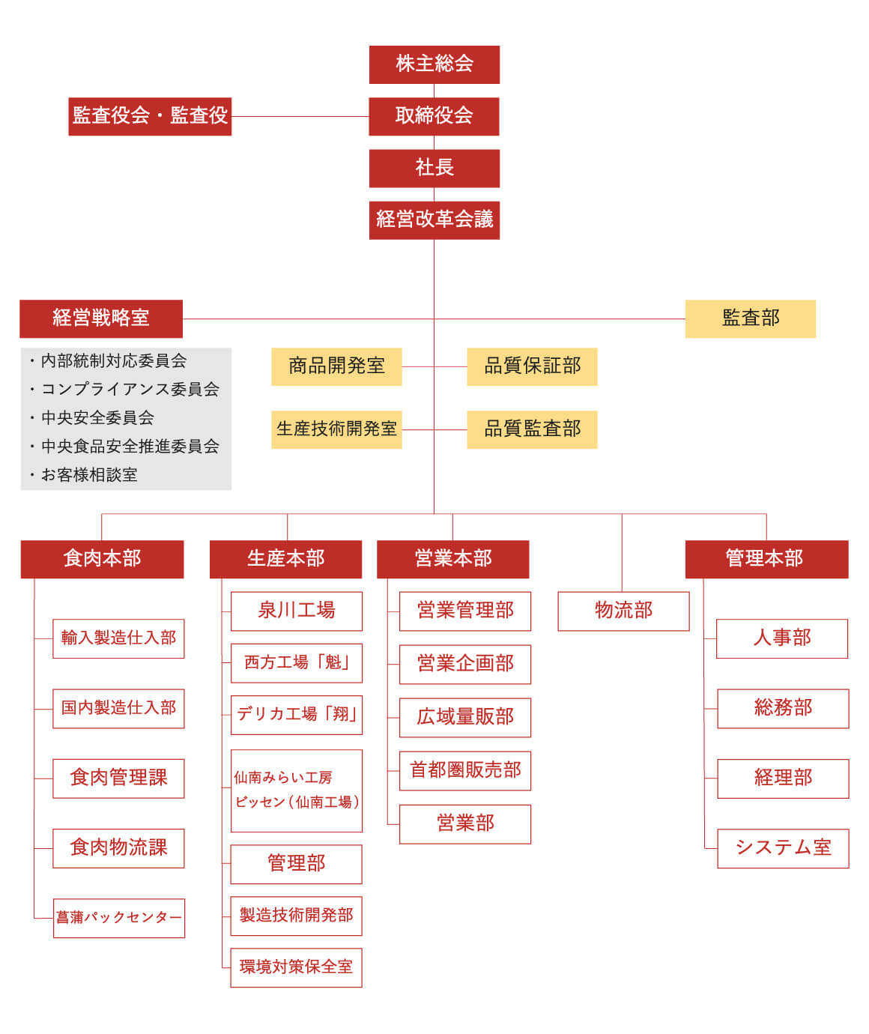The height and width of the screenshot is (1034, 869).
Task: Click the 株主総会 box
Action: click(434, 65)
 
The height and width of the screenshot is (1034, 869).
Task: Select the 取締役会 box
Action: click(434, 116)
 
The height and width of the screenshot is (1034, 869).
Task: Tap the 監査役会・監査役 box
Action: click(150, 116)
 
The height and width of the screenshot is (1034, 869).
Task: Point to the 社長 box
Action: click(434, 169)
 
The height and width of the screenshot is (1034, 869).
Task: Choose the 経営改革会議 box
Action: click(434, 220)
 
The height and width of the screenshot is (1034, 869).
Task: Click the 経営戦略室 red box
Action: click(101, 319)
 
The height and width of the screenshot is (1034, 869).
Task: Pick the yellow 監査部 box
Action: click(750, 319)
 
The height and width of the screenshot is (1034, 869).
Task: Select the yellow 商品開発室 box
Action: click(336, 367)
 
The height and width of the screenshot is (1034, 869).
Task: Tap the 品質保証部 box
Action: click(533, 367)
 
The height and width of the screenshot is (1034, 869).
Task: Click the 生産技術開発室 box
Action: click(336, 430)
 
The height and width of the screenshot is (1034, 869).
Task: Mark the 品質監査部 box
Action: click(533, 430)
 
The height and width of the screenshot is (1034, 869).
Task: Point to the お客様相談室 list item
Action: click(83, 475)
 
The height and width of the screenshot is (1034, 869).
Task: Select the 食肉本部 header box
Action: click(102, 560)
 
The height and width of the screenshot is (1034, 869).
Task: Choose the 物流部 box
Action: click(623, 611)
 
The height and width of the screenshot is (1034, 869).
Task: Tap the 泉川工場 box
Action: click(297, 611)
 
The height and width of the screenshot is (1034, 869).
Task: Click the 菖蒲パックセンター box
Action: click(119, 918)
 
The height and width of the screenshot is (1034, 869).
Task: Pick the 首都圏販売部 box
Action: click(465, 771)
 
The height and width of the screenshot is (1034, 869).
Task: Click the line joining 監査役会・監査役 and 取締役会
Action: click(300, 116)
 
